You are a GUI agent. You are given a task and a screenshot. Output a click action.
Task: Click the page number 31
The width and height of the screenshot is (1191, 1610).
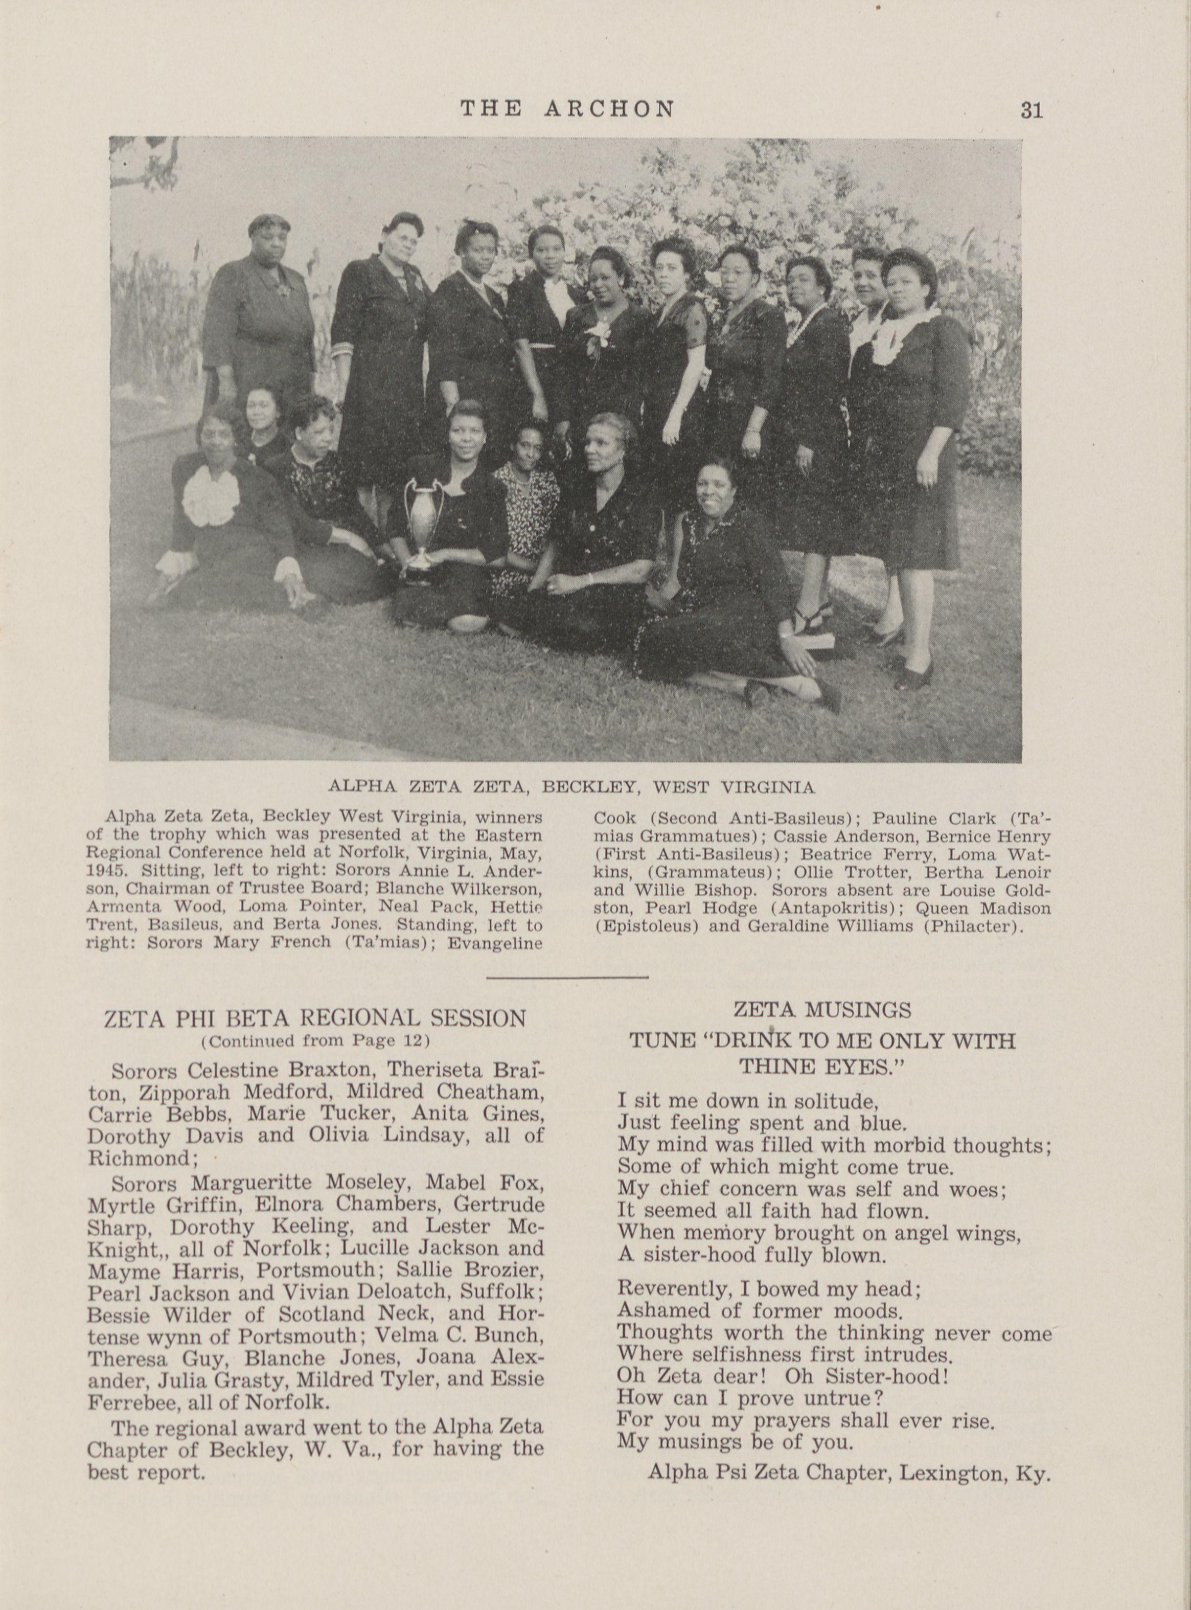point(1031,110)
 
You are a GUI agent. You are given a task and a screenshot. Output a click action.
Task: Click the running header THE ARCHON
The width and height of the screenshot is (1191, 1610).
point(568,109)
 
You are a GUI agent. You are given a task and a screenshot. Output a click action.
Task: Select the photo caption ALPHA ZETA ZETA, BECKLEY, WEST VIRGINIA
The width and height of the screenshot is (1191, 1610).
point(570,787)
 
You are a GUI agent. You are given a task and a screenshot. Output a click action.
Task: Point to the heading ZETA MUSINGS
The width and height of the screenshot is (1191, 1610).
point(822,1009)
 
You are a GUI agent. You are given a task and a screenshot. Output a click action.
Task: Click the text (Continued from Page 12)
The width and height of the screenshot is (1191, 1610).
point(315,1041)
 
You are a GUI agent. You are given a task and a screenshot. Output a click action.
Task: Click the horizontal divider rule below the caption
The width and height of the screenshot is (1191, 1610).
point(567,977)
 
